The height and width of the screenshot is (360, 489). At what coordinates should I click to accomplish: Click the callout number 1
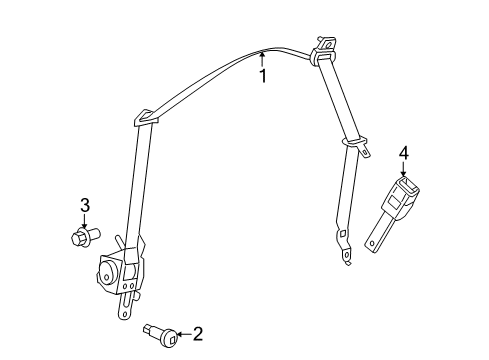[x=264, y=75]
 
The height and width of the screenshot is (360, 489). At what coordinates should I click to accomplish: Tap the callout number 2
[x=198, y=333]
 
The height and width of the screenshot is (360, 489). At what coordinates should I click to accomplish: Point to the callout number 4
[x=404, y=152]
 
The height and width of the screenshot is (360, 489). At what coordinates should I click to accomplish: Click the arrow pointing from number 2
[x=177, y=332]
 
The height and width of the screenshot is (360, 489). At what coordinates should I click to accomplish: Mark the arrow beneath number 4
[x=404, y=169]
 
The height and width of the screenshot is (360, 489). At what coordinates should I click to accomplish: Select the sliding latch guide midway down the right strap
[x=351, y=146]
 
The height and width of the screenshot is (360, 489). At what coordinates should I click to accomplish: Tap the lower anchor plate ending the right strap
[x=344, y=257]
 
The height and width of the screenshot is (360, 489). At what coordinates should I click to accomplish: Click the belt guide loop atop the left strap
[x=146, y=118]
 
